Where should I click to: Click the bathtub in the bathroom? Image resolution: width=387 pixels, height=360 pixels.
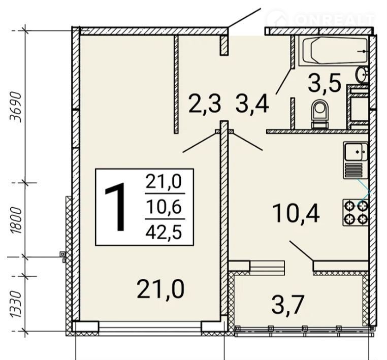coord(334,51)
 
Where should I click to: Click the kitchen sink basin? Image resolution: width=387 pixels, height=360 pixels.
coord(356,152)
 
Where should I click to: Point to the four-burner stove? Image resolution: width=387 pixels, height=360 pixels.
coord(356,212)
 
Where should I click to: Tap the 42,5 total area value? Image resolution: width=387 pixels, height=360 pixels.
coord(164,232)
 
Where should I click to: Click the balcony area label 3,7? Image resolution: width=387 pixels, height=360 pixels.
coord(287,305)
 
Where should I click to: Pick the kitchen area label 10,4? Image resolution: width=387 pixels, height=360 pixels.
coord(296,213)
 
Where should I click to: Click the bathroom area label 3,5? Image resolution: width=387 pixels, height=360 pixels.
coord(325,82)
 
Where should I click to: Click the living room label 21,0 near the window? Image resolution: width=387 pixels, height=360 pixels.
coord(160,290)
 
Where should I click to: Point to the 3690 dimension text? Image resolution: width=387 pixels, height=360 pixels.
coord(16,107)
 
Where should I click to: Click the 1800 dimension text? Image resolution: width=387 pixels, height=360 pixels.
coord(16,221)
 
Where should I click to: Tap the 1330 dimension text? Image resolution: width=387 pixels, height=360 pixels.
coord(16,304)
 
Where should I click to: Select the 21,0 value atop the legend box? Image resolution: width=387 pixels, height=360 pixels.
coord(164,181)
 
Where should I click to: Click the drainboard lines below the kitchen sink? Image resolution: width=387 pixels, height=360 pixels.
coord(353,170)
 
